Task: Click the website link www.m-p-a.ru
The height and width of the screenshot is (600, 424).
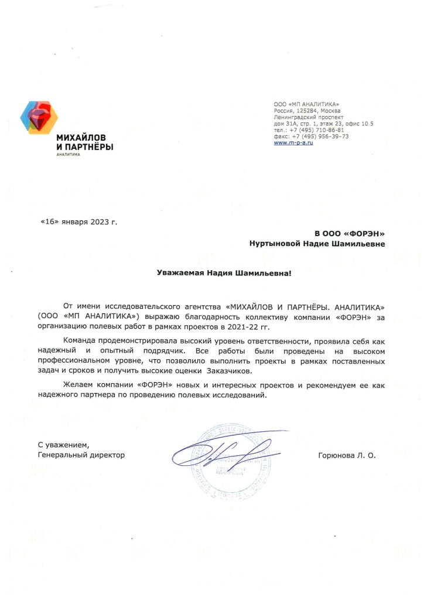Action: (293, 143)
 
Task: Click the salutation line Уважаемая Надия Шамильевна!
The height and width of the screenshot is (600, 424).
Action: (223, 272)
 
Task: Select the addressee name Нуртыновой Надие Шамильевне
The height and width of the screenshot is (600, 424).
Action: (317, 244)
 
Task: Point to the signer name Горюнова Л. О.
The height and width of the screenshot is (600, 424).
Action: (346, 455)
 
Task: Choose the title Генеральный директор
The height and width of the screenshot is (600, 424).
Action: (81, 455)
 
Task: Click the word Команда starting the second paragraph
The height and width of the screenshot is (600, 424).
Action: (80, 341)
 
